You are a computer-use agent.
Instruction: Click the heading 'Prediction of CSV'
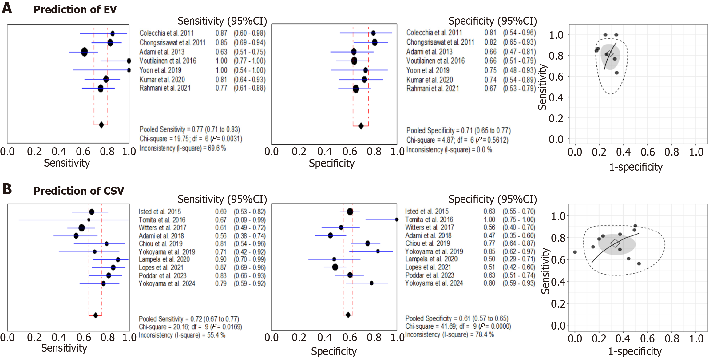(79, 191)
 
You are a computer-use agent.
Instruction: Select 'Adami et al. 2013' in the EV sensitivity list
(162, 52)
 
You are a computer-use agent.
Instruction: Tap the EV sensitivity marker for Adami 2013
(84, 52)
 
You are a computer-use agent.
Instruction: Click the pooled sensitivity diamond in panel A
(101, 125)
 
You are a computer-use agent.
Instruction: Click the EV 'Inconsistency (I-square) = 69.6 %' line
(183, 148)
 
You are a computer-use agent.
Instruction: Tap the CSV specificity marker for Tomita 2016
(397, 220)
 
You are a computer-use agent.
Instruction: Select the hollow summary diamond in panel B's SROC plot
(615, 243)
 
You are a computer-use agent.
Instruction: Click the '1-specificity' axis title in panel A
(636, 167)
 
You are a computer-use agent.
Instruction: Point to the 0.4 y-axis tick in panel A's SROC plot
(556, 98)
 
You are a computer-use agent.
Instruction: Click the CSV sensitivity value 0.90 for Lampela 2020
(221, 259)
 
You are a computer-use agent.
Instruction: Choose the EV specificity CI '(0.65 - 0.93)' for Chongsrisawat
(519, 42)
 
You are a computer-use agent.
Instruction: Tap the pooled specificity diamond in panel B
(348, 315)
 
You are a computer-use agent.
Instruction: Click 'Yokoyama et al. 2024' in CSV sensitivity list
(167, 283)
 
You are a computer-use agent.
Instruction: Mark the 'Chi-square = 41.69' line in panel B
(458, 326)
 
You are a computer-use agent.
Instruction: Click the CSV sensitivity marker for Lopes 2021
(113, 267)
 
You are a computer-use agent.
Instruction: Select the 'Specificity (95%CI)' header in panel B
(492, 200)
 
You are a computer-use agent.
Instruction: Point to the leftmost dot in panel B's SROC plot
(575, 252)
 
